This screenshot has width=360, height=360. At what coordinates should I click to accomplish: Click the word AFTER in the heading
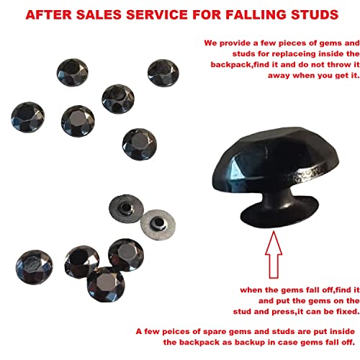[48, 14]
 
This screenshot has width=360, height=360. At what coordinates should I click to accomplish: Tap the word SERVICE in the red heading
[157, 14]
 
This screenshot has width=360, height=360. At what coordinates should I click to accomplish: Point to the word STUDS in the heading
[315, 14]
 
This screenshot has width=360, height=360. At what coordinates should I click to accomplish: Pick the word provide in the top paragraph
[235, 43]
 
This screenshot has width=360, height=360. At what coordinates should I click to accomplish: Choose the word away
[279, 76]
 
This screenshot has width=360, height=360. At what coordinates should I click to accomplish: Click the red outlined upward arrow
[274, 255]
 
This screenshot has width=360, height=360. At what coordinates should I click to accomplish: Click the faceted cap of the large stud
[276, 158]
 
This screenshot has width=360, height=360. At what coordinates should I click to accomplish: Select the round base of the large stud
[279, 214]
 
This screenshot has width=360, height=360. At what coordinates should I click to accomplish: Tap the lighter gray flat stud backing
[158, 225]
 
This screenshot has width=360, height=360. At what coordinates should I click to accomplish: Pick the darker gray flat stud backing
[126, 208]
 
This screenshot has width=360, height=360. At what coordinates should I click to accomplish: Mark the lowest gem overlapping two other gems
[106, 284]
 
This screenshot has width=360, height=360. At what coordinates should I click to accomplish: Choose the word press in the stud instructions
[283, 312]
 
